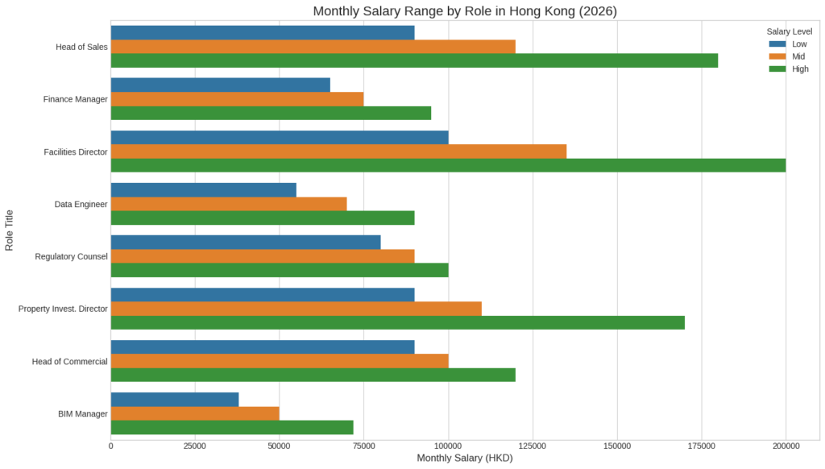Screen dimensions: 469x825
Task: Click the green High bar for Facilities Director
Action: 448,165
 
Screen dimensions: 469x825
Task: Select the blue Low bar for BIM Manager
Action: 175,399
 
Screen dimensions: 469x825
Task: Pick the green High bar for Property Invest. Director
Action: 397,322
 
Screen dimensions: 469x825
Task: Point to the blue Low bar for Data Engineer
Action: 203,190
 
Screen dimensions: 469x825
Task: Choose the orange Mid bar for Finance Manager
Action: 237,99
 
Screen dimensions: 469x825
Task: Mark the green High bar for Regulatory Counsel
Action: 279,270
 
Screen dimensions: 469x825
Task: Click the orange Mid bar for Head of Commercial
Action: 279,361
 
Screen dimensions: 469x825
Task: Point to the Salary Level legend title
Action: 789,31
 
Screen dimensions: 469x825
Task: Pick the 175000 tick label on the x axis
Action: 701,446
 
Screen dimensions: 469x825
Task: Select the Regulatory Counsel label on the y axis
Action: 71,256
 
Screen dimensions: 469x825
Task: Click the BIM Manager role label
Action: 82,414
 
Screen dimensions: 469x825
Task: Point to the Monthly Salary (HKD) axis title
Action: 464,458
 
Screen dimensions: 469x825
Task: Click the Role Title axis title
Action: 10,230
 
